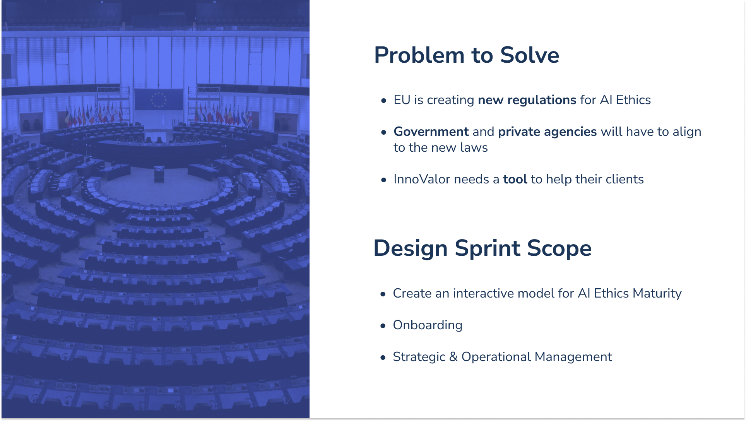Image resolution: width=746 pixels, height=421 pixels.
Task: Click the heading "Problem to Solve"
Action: [x=467, y=55]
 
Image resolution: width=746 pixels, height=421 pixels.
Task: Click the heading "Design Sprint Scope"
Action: [x=483, y=248]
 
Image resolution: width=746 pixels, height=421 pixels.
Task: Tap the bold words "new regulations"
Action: [x=527, y=100]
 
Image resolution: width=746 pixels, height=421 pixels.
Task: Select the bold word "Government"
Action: [x=431, y=132]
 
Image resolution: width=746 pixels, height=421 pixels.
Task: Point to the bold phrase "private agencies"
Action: [x=548, y=132]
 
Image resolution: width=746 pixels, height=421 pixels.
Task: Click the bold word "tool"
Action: [x=515, y=179]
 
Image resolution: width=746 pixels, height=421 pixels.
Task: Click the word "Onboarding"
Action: [x=428, y=325]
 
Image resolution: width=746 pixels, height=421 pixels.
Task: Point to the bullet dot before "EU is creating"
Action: [x=383, y=101]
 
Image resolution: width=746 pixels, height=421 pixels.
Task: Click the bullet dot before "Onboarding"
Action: [x=383, y=326]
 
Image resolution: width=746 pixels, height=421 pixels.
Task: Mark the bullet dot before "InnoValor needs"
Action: [x=383, y=180]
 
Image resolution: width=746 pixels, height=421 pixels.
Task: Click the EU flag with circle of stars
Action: [x=158, y=99]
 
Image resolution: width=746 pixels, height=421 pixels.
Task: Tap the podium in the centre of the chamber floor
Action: [x=159, y=174]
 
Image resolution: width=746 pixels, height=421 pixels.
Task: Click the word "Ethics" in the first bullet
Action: [x=633, y=100]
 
